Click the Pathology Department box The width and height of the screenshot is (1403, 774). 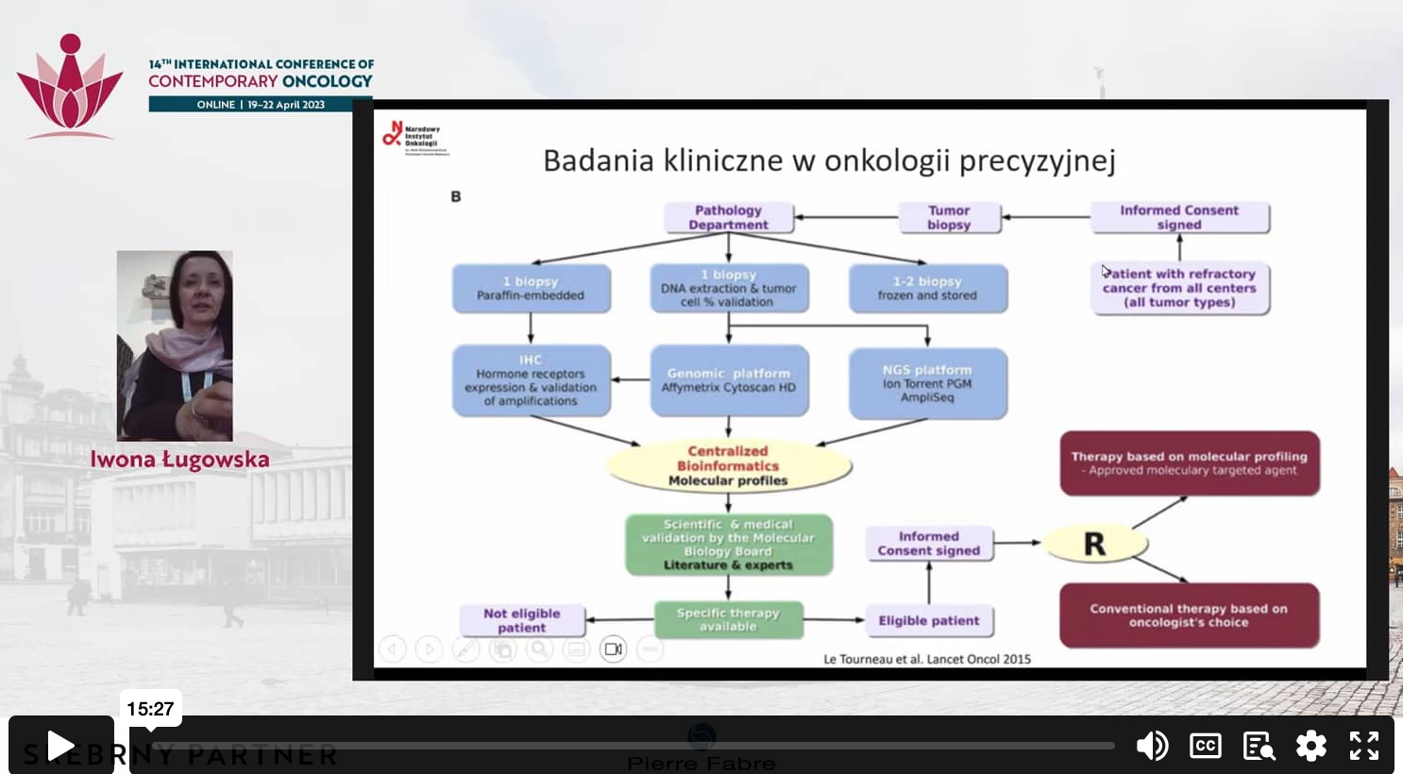(x=728, y=217)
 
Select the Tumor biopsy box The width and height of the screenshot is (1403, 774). (x=949, y=217)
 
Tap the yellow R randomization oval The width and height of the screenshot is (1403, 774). (x=1094, y=544)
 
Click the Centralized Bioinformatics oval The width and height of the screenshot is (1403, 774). (x=728, y=466)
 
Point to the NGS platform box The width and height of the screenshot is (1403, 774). (x=927, y=383)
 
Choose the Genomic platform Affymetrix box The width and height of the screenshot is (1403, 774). (x=729, y=380)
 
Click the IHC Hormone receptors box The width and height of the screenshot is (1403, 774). (x=531, y=380)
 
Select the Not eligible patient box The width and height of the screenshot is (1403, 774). (x=522, y=620)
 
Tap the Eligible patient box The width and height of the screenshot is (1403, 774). (x=929, y=620)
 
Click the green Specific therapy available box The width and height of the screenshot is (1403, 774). (x=728, y=619)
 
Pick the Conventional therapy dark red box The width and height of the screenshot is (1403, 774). (x=1189, y=615)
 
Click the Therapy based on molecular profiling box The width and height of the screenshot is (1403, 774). (x=1189, y=463)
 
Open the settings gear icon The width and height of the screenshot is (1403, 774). (x=1310, y=746)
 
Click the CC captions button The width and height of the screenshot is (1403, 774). (x=1205, y=746)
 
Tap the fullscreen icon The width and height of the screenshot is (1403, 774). (x=1363, y=746)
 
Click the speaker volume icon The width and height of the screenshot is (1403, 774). (x=1151, y=746)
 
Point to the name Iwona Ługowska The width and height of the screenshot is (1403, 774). (x=179, y=460)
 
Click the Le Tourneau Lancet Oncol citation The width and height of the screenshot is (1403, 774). (x=926, y=659)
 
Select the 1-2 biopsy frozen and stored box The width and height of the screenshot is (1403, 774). (x=927, y=288)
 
